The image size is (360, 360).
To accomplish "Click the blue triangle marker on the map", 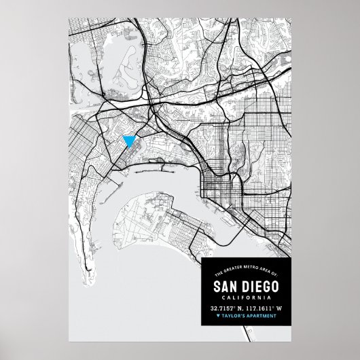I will coord(128,141).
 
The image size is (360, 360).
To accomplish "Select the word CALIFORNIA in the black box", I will coord(243,297).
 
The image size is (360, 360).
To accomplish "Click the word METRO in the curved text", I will coord(239,272).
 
